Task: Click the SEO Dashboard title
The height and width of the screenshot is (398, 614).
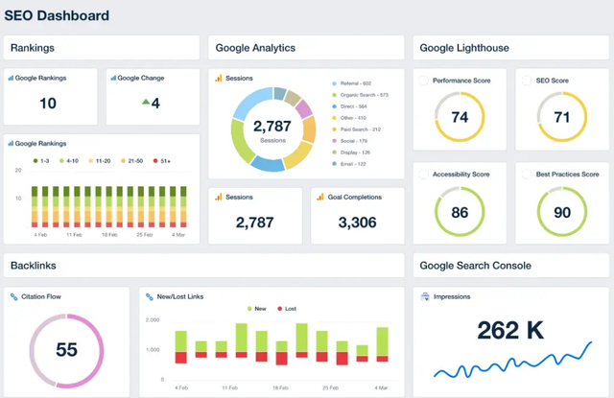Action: coord(58,16)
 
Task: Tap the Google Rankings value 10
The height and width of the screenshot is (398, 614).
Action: coord(48,103)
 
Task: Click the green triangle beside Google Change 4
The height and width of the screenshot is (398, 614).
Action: coord(145,102)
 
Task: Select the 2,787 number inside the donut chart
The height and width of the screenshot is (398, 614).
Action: coord(271,126)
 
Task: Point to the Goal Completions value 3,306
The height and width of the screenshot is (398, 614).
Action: coord(357,222)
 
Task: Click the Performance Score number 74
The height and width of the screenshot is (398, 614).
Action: coord(460,117)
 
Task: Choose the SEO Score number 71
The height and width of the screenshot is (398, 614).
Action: coord(562,117)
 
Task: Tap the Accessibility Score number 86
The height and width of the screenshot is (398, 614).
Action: coord(460,213)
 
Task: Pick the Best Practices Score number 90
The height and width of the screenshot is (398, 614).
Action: coord(562,213)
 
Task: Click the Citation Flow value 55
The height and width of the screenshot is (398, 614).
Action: coord(66,350)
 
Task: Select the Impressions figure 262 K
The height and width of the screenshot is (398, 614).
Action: coord(510,330)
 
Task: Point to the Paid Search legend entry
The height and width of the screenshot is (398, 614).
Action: coord(359,129)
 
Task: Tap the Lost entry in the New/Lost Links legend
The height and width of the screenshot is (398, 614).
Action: coord(286,309)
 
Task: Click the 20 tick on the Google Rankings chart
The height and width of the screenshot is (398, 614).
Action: coord(18,170)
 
